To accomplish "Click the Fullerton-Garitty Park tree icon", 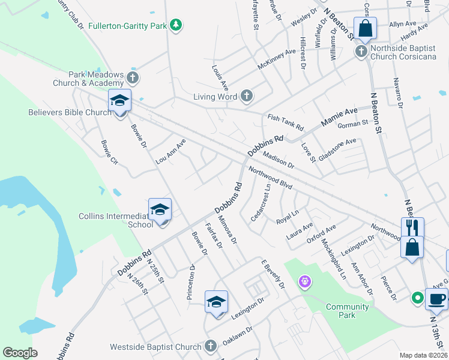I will [x=176, y=25].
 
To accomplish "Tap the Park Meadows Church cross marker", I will [x=133, y=77].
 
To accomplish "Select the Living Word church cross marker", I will [x=246, y=96].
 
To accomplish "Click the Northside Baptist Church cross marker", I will [x=361, y=50].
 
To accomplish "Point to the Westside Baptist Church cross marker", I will [x=209, y=346].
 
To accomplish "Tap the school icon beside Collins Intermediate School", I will [x=160, y=210].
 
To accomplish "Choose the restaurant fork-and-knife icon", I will [x=412, y=228].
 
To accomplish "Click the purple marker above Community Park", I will [x=305, y=281].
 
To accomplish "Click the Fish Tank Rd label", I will [x=286, y=123].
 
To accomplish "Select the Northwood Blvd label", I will [x=270, y=178].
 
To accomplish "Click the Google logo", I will [x=20, y=353].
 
